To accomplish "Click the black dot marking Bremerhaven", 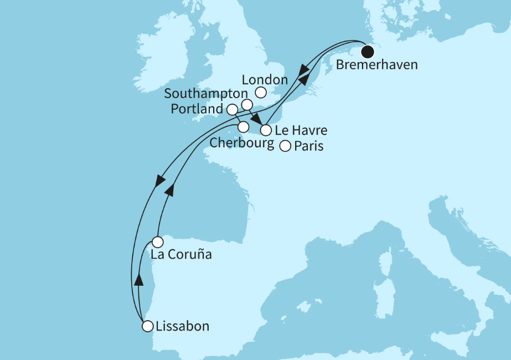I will pos(368,52).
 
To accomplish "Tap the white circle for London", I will pos(261,93).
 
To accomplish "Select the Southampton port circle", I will pos(247,105).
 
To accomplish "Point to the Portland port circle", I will pos(233,109).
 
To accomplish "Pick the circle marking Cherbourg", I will pos(243,127).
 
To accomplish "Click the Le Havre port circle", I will pos(266,131).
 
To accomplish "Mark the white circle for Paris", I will pos(285,147).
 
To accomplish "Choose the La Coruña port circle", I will pos(158,242).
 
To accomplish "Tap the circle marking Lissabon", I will pos(147,327).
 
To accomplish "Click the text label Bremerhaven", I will pos(377,66).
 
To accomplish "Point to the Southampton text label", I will pos(206,94).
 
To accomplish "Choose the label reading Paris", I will pos(309,147).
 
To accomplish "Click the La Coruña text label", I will pos(180,256).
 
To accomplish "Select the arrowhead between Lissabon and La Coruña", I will pos(138,279).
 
